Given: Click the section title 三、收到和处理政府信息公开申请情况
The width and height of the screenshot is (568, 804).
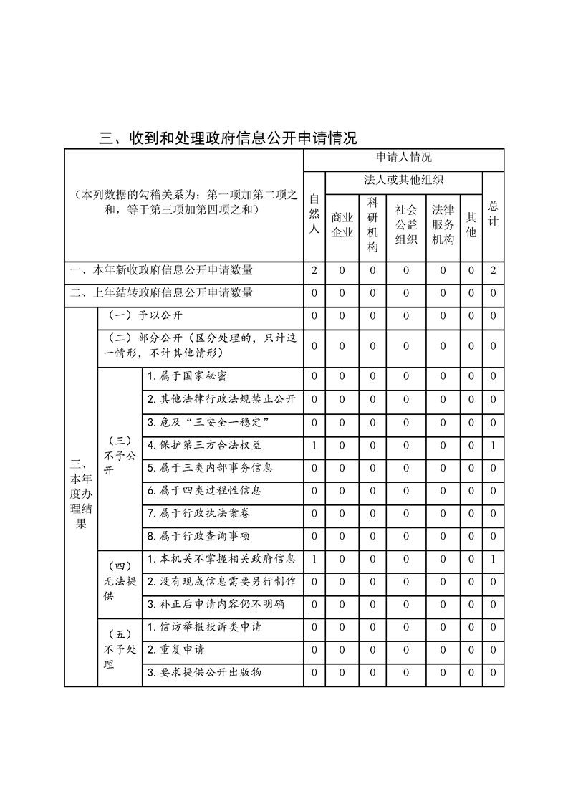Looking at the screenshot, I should (x=227, y=138).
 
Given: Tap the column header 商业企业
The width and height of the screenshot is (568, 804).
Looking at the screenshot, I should (x=342, y=224).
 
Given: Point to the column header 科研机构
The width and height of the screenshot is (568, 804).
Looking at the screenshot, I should (x=372, y=224).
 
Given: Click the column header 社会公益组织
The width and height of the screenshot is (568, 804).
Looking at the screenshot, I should (x=405, y=224).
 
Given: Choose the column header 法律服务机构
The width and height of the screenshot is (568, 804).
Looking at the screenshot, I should (x=443, y=224).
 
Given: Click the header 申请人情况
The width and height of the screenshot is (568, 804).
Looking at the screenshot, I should (x=403, y=158).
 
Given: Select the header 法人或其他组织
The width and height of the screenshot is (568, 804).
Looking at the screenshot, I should (x=403, y=180).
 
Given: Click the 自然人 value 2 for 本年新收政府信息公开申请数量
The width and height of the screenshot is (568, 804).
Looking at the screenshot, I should (x=314, y=271).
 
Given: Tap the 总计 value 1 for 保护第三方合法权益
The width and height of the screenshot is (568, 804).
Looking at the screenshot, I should (x=493, y=446).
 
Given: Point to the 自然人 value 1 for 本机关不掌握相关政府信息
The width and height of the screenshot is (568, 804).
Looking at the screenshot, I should (x=314, y=559).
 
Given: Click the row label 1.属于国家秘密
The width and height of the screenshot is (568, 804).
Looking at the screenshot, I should (x=187, y=376).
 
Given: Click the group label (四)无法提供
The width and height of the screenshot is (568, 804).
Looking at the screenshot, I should (x=120, y=581).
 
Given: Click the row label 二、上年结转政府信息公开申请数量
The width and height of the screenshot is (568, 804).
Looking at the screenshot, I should (x=161, y=293).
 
